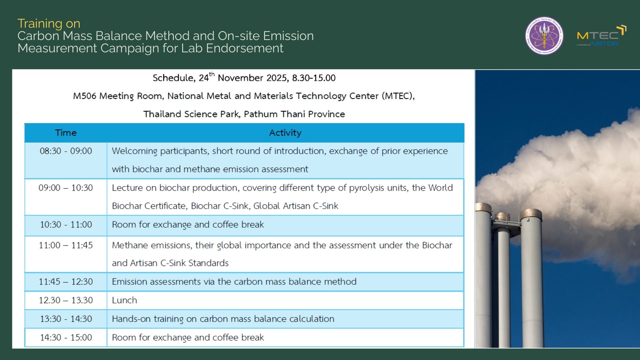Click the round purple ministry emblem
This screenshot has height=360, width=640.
544,36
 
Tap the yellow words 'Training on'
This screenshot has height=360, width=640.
49,24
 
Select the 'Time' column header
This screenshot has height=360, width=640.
66,133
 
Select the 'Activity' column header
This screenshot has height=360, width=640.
285,133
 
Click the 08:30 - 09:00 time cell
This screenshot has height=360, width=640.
66,151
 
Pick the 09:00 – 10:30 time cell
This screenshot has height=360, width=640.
66,188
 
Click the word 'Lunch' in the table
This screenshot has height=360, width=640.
124,300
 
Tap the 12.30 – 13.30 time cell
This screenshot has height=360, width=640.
66,300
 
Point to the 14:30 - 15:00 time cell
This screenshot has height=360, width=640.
66,337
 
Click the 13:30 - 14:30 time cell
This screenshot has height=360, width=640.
66,319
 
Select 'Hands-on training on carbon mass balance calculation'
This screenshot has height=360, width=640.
223,319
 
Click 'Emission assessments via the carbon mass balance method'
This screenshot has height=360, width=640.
234,282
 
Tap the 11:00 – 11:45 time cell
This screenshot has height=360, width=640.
66,245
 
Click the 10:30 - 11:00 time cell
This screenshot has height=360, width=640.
66,225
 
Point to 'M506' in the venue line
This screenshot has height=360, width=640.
85,96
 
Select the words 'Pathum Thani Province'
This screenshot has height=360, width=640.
294,114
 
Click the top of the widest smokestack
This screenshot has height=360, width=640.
531,212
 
